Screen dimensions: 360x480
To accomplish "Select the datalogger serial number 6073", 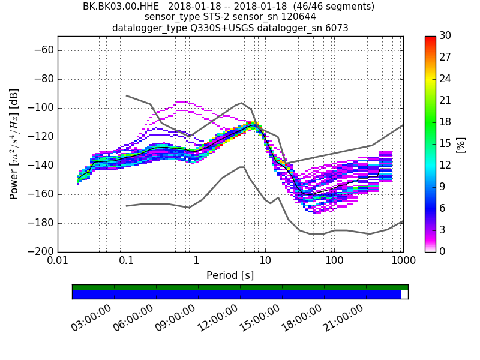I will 336,28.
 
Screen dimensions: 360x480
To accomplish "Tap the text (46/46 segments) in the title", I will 329,7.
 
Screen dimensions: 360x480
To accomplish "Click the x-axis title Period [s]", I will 230,275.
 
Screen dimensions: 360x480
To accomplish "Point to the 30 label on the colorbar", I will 445,36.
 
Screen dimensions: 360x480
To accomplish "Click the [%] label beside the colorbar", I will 461,144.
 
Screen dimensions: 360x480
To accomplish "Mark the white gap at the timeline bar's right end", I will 404,295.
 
